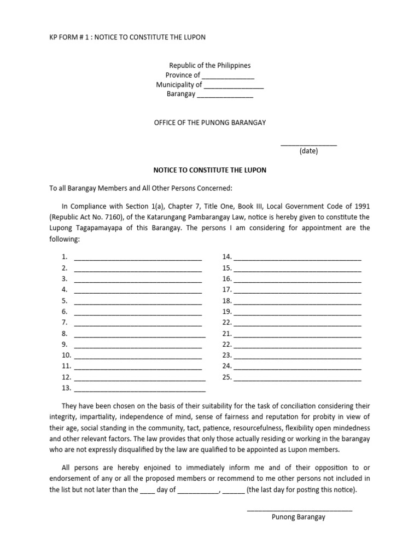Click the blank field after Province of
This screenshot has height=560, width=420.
228,76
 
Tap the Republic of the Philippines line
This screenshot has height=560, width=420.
209,66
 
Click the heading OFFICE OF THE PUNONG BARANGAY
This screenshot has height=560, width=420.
209,122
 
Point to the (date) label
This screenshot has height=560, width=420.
308,151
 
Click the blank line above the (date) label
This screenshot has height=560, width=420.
308,144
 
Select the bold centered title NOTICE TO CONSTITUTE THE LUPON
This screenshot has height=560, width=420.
209,170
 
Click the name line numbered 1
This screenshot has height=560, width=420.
138,258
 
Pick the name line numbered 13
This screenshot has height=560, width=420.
139,389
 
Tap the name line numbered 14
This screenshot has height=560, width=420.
297,258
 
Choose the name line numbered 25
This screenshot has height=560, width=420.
297,378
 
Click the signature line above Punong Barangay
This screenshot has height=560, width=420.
300,510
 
